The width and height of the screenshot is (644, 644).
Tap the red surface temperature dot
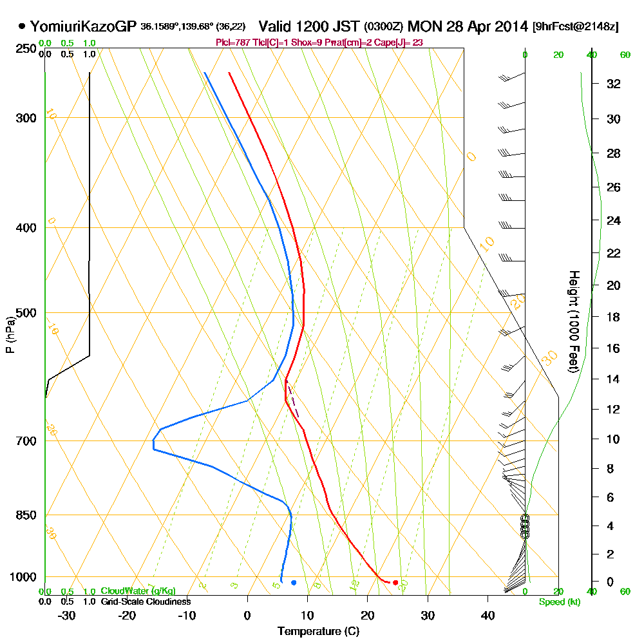(x=395, y=582)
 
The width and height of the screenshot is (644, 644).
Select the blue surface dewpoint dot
(x=294, y=582)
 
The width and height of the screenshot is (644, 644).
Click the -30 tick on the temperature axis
(x=67, y=615)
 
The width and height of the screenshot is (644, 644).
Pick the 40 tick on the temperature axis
(x=488, y=615)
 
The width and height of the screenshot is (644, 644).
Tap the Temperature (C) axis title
(x=318, y=632)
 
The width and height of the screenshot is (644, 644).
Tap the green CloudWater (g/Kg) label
(x=138, y=591)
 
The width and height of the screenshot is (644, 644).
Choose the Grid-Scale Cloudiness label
(x=145, y=601)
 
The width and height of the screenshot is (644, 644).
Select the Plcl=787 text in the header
(x=231, y=43)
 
